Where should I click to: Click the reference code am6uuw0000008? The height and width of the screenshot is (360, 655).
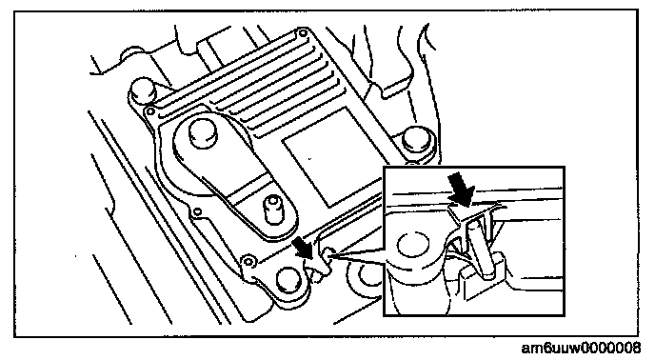pyautogui.click(x=581, y=348)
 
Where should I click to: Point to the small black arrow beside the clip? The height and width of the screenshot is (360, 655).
pyautogui.click(x=303, y=248)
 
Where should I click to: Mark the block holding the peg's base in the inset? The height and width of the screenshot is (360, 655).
pyautogui.click(x=485, y=277)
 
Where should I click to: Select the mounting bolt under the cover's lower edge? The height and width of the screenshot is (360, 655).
pyautogui.click(x=288, y=280)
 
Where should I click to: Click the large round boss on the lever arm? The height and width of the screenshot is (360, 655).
pyautogui.click(x=204, y=133)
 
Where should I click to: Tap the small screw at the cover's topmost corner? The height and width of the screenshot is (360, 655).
pyautogui.click(x=304, y=33)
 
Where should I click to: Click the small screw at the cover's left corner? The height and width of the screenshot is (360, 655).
pyautogui.click(x=149, y=111)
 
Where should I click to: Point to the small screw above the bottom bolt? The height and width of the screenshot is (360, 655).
pyautogui.click(x=249, y=261)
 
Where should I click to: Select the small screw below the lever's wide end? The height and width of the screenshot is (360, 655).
pyautogui.click(x=197, y=211)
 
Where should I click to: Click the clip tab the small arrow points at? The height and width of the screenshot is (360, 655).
pyautogui.click(x=320, y=268)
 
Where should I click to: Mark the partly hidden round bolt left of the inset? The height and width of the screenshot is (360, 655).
pyautogui.click(x=365, y=276)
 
